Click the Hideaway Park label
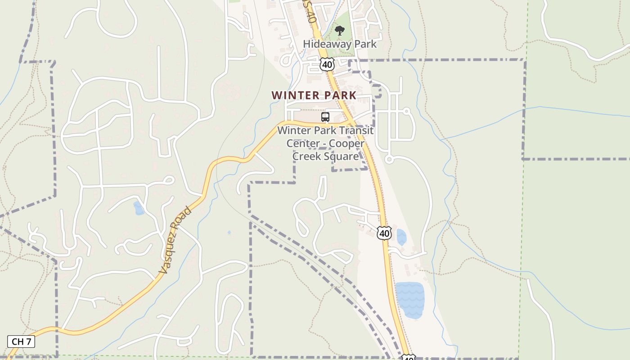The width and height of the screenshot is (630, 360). point(340,44)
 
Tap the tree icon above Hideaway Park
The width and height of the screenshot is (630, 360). point(340,31)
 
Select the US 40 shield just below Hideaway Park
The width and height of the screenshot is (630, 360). point(327,65)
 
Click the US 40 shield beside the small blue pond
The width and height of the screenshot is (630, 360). point(384,233)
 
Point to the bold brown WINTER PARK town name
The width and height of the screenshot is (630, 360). point(314,95)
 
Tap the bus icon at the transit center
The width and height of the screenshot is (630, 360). point(325,117)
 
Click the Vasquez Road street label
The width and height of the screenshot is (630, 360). point(175,240)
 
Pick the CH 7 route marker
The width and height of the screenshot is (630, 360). point(21,342)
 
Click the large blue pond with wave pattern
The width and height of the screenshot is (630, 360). point(409,299)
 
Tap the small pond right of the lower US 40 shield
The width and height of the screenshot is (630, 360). point(401,237)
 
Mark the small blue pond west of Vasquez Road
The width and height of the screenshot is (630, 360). point(139,208)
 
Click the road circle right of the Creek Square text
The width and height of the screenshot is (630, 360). point(389,159)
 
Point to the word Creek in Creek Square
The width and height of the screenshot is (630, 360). point(307,156)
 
